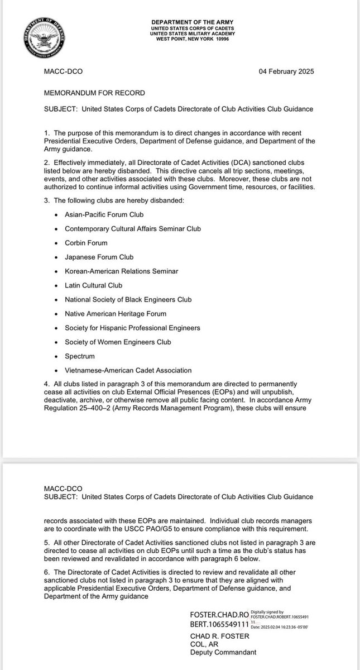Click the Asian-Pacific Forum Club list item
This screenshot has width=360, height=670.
(104, 214)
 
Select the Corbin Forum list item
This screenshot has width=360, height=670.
(86, 243)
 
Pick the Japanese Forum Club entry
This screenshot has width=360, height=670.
(99, 257)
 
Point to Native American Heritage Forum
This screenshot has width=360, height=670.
(116, 314)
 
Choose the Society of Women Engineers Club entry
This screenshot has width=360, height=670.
(118, 342)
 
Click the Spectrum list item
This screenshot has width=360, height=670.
(80, 356)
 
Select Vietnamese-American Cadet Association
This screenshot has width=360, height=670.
(128, 370)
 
